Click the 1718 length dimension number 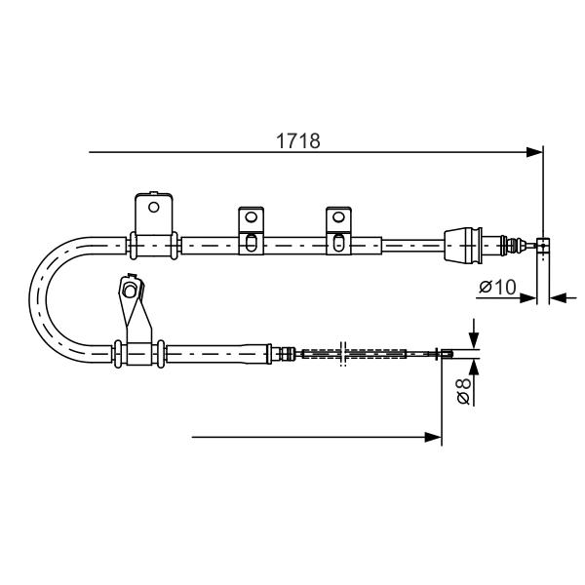(x=297, y=141)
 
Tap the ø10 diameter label (x=497, y=287)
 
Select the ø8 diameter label (x=464, y=391)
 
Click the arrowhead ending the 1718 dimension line (x=534, y=152)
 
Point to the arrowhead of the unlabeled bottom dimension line (x=433, y=437)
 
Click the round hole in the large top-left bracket (x=154, y=207)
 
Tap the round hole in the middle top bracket (x=251, y=216)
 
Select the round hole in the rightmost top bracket (x=338, y=216)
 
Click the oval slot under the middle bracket (x=252, y=243)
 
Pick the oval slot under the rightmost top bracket (x=338, y=243)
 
